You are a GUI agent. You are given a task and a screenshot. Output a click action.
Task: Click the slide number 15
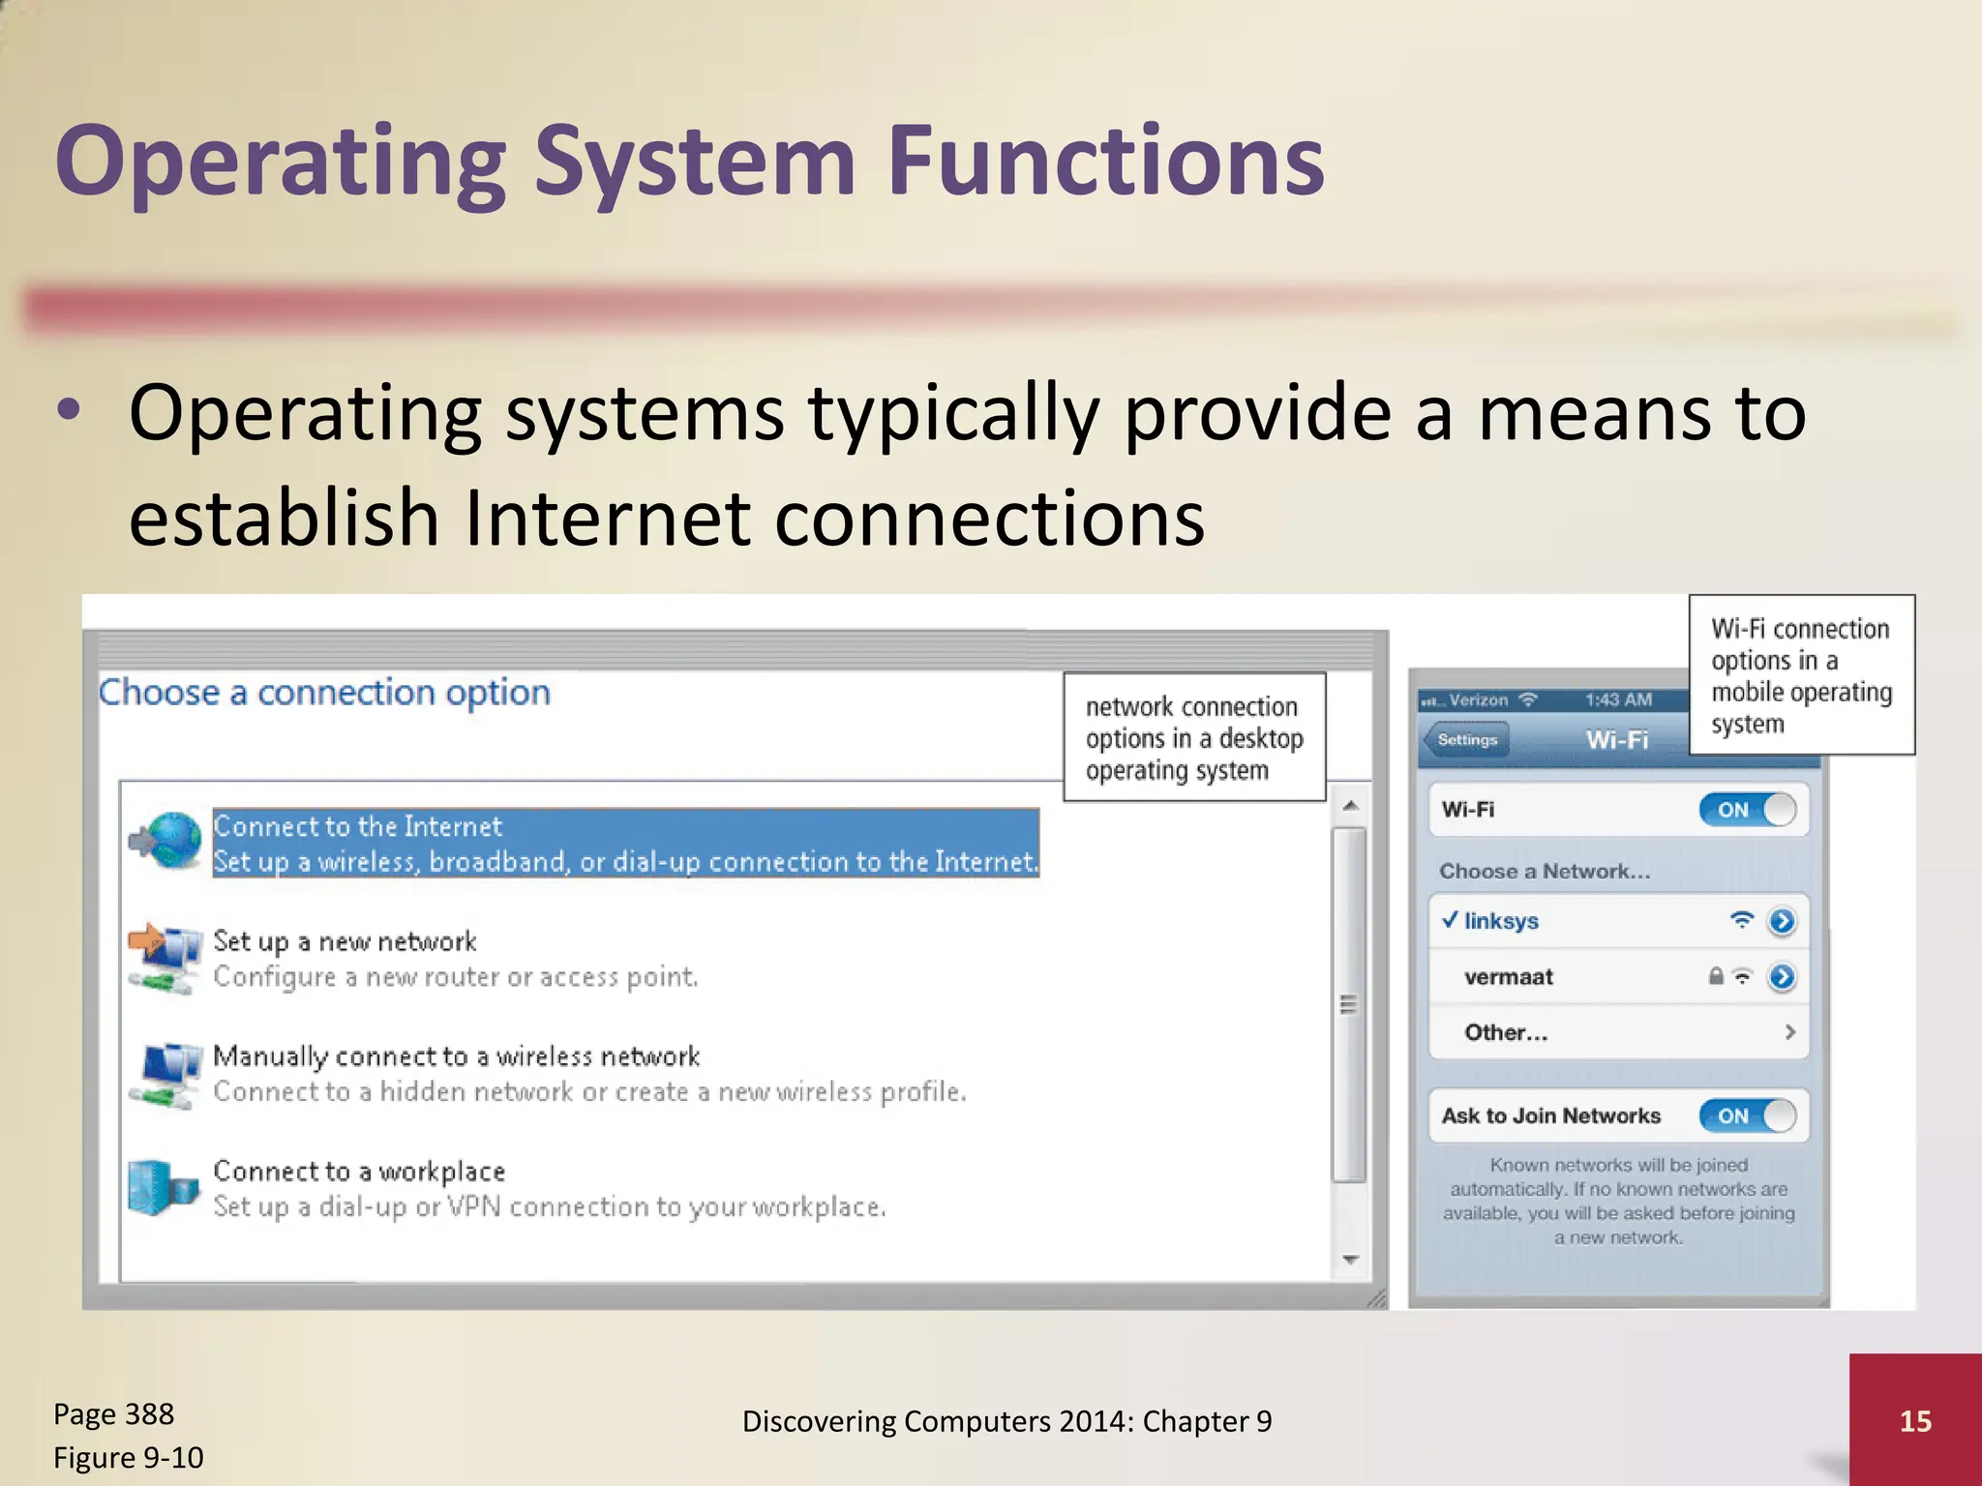(1914, 1420)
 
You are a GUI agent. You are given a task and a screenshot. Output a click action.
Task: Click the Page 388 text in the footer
(113, 1413)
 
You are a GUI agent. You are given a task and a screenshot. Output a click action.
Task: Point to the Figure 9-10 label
(128, 1457)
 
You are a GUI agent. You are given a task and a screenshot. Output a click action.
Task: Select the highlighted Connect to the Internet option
(624, 843)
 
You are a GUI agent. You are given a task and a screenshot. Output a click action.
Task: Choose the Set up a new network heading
(345, 941)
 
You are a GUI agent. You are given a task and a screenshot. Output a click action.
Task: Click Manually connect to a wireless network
(456, 1055)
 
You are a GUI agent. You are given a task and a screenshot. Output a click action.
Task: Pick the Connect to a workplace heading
(359, 1171)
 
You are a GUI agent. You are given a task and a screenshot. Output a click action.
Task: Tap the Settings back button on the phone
(1466, 740)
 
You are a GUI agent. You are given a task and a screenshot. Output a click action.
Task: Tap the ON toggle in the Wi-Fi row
(1748, 810)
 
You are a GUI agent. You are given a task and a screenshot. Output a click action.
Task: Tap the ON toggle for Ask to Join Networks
(1748, 1115)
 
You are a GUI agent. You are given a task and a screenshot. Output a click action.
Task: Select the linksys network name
(1501, 921)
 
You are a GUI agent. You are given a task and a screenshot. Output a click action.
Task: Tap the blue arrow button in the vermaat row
(1781, 977)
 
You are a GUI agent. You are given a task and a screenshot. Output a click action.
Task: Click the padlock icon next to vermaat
(1716, 976)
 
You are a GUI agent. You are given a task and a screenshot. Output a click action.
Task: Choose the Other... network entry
(1506, 1032)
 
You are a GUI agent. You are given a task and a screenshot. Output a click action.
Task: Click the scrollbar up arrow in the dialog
(1350, 806)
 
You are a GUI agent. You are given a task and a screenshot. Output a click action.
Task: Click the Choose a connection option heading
(324, 693)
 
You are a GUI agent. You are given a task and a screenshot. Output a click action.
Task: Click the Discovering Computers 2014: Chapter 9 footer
(1006, 1420)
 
